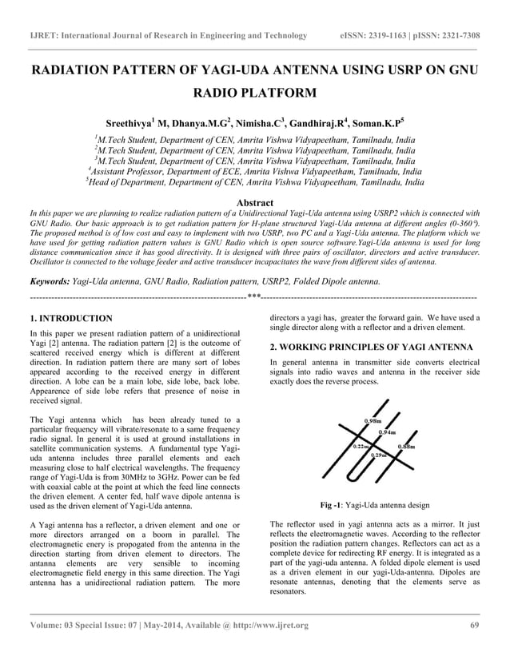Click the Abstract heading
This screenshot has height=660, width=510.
coord(255,203)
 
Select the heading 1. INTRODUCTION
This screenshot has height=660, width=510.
coord(70,319)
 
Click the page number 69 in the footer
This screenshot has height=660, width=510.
coord(475,625)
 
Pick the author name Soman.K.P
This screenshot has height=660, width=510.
coord(375,125)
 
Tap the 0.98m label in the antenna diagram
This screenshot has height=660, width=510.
coord(372,420)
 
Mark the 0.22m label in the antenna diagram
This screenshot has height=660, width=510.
coord(361,446)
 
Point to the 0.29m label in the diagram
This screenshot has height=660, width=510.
coord(379,455)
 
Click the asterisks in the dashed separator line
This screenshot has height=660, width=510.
coord(254,297)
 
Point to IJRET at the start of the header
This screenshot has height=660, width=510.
coord(44,36)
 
